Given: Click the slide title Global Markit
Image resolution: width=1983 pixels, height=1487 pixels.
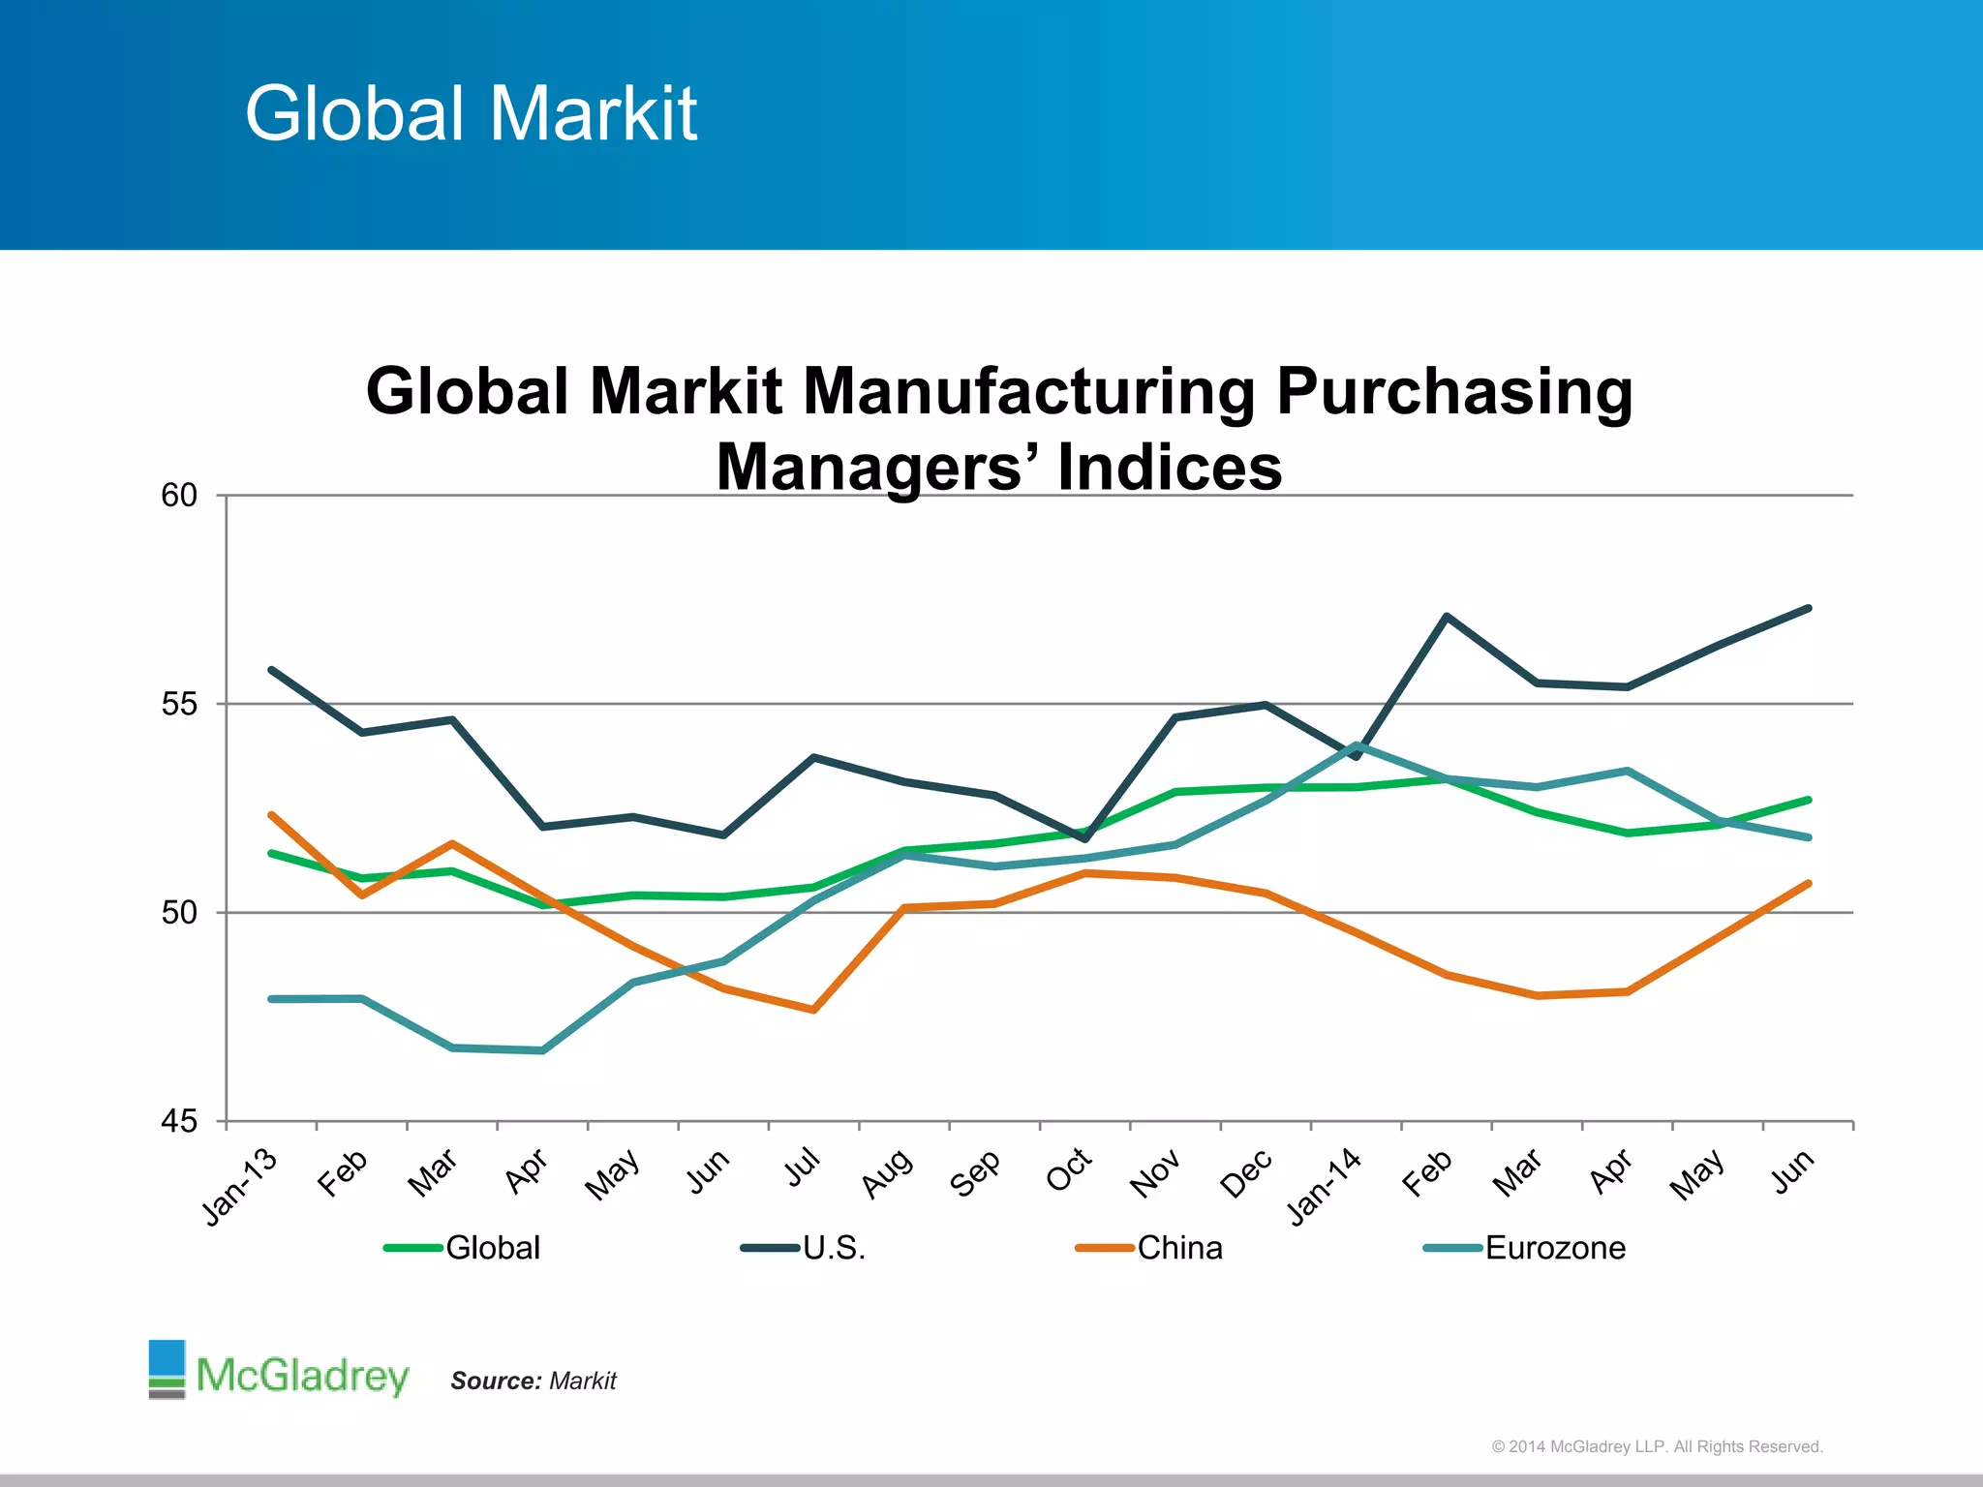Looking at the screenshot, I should [x=471, y=113].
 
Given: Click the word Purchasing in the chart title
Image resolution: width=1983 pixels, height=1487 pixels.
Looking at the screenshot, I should [x=1453, y=392].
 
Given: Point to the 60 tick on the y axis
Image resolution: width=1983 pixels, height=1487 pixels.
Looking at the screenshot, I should [x=179, y=496].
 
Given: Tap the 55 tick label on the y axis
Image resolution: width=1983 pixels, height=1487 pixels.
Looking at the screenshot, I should [x=179, y=704].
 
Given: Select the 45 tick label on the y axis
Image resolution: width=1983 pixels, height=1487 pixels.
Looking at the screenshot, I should [x=179, y=1121].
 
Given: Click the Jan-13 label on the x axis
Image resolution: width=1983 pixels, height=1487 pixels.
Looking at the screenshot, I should [x=240, y=1187].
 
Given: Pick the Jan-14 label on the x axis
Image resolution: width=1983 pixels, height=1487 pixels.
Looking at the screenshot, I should [x=1325, y=1187].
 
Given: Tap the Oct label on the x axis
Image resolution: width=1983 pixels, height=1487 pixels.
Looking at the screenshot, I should [x=1069, y=1170].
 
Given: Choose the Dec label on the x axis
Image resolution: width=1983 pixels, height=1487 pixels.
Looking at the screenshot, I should [x=1246, y=1173].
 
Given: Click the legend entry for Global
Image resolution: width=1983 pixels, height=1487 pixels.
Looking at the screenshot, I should [x=492, y=1248].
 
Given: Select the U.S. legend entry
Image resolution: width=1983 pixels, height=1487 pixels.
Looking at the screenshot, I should [x=833, y=1248].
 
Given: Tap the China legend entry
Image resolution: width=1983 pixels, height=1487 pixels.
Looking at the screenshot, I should [x=1178, y=1248].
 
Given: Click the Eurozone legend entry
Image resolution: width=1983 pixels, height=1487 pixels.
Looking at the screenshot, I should [x=1554, y=1248].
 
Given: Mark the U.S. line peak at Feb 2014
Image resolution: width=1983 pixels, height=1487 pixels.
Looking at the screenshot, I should [x=1446, y=616].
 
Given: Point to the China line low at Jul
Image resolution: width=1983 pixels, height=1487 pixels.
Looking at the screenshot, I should [x=814, y=1010].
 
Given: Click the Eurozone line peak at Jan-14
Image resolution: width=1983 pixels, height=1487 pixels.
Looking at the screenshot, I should [x=1357, y=744].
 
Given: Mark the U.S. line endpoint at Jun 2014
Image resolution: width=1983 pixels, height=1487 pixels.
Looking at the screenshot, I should [x=1809, y=608].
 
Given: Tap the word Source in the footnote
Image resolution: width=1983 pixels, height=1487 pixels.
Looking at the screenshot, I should [x=495, y=1381].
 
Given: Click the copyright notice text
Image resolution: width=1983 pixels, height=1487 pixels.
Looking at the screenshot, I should [x=1657, y=1446].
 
